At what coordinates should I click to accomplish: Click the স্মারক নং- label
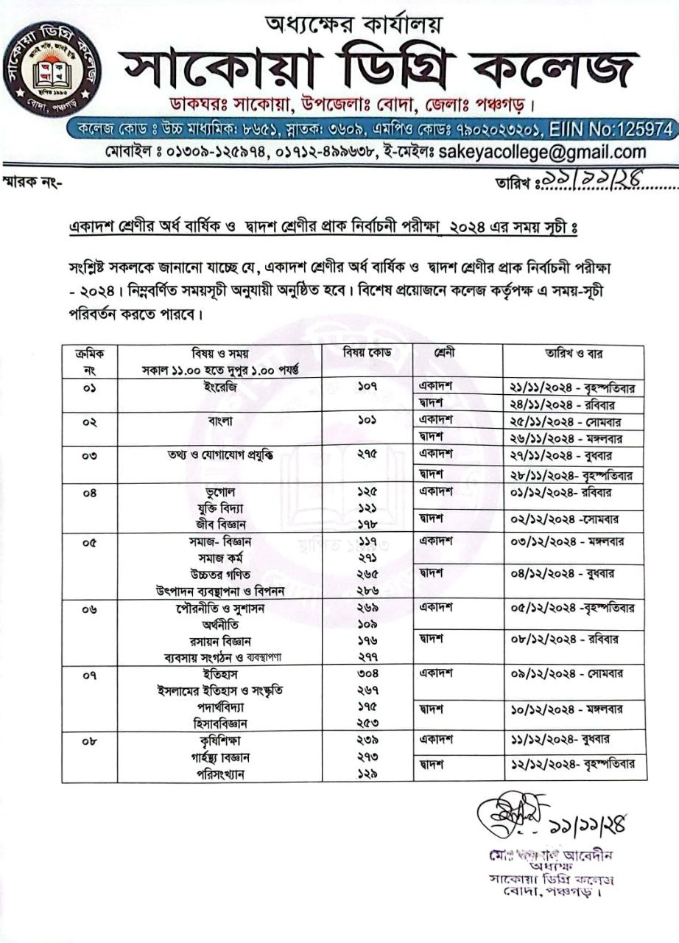pos(32,183)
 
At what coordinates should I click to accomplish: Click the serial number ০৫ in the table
pos(90,541)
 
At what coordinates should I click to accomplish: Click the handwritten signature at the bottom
pos(504,814)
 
